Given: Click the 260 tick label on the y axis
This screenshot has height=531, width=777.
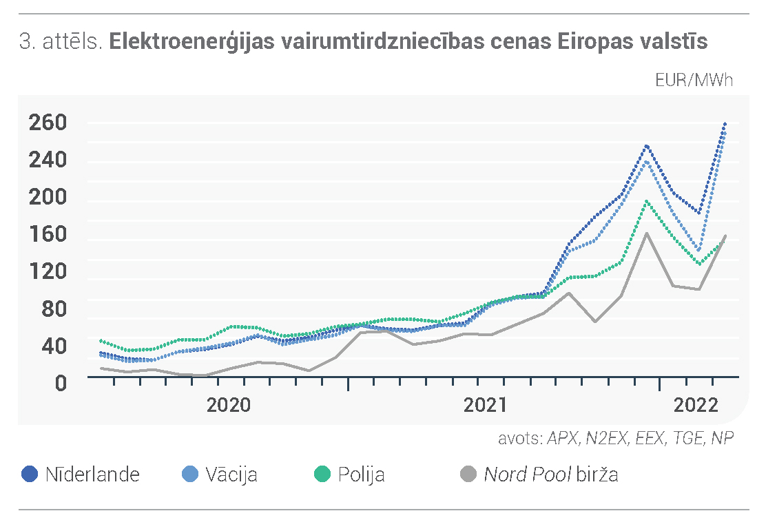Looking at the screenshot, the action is pyautogui.click(x=48, y=123).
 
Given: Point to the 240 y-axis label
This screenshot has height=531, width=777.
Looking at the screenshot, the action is pyautogui.click(x=48, y=160).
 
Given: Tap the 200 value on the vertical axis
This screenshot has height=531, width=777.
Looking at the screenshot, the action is pyautogui.click(x=48, y=197).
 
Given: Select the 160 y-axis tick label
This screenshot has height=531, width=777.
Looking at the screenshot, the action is pyautogui.click(x=48, y=233).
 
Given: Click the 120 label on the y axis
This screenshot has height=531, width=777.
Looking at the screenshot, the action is pyautogui.click(x=48, y=271).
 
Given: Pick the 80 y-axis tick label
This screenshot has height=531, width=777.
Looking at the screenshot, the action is pyautogui.click(x=54, y=309).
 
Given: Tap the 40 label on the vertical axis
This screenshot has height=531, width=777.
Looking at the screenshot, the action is pyautogui.click(x=54, y=346).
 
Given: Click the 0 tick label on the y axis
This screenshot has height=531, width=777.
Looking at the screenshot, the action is pyautogui.click(x=61, y=383).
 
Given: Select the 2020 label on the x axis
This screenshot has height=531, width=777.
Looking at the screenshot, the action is pyautogui.click(x=229, y=405).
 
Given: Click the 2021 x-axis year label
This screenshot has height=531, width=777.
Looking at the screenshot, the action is pyautogui.click(x=485, y=405).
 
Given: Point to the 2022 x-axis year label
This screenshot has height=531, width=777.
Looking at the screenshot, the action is pyautogui.click(x=696, y=405).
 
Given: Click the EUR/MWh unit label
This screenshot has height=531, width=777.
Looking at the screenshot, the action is pyautogui.click(x=694, y=81).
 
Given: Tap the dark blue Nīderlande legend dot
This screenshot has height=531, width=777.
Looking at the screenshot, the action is pyautogui.click(x=30, y=474).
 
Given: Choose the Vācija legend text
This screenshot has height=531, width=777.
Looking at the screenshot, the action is pyautogui.click(x=231, y=475).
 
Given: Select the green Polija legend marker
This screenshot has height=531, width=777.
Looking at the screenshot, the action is pyautogui.click(x=322, y=474).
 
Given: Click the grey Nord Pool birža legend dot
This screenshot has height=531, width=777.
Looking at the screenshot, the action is pyautogui.click(x=468, y=474).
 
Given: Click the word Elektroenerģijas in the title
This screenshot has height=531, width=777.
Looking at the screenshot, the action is pyautogui.click(x=191, y=41).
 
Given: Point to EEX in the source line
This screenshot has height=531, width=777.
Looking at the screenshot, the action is pyautogui.click(x=649, y=439).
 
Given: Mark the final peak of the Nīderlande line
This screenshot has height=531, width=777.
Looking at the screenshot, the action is pyautogui.click(x=725, y=123).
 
